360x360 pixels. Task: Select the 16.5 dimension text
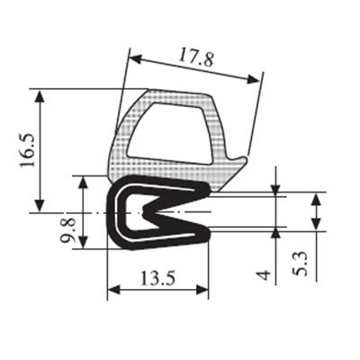[x=28, y=150]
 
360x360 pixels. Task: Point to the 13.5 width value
[x=157, y=278]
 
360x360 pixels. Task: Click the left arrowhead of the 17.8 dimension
[x=135, y=58]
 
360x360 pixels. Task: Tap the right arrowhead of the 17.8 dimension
[x=253, y=79]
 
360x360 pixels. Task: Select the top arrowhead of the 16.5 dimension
[x=40, y=96]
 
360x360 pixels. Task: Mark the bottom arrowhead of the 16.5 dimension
[x=40, y=205]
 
